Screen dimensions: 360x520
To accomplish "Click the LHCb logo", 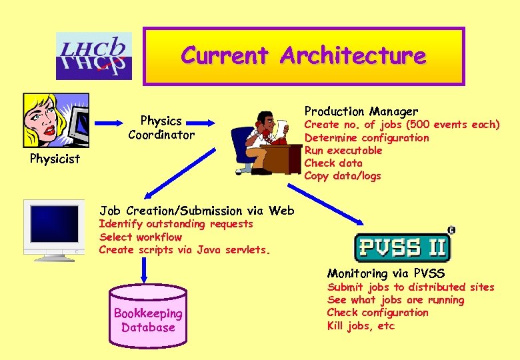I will pyautogui.click(x=94, y=56).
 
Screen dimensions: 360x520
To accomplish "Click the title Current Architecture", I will pyautogui.click(x=303, y=55).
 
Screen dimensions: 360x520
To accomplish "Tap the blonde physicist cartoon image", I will pyautogui.click(x=55, y=120).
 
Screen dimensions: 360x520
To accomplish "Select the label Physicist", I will pyautogui.click(x=55, y=159).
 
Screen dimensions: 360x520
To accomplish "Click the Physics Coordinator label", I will pyautogui.click(x=161, y=127).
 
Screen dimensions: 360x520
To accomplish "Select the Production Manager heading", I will pyautogui.click(x=361, y=111).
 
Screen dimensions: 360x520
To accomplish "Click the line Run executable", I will pyautogui.click(x=343, y=150).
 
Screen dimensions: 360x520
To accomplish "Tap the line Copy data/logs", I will pyautogui.click(x=343, y=176).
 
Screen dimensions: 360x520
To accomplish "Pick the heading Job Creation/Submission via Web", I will pyautogui.click(x=197, y=211).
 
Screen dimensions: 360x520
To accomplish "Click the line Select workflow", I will pyautogui.click(x=141, y=237).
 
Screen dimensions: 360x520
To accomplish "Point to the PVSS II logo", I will pyautogui.click(x=403, y=246).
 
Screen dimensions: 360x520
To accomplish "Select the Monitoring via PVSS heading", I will pyautogui.click(x=385, y=273).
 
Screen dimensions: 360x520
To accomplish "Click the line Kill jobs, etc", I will pyautogui.click(x=361, y=325).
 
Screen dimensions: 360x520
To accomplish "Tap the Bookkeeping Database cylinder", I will pyautogui.click(x=148, y=317).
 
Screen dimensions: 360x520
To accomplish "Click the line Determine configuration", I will pyautogui.click(x=367, y=137).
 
